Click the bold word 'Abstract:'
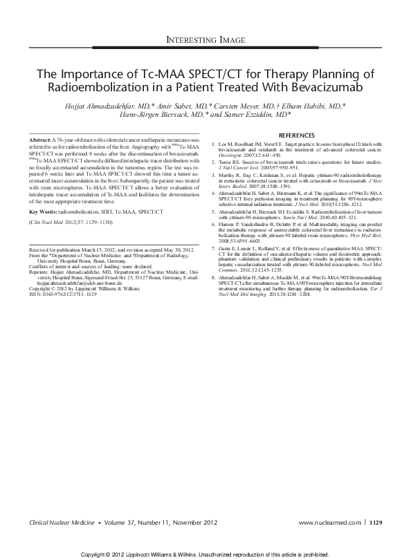point(42,140)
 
